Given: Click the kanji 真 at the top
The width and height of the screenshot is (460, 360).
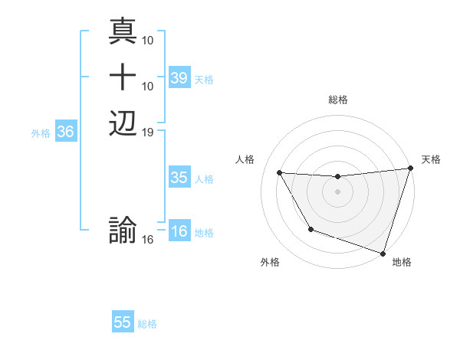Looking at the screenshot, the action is [x=123, y=31].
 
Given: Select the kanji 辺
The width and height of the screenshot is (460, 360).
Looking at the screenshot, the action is [x=123, y=123].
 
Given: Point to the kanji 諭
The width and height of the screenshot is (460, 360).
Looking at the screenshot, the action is [x=123, y=231].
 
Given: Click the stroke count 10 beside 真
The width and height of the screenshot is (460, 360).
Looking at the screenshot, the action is [x=149, y=40].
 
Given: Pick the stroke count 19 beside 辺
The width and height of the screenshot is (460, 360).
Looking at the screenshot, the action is [x=149, y=132].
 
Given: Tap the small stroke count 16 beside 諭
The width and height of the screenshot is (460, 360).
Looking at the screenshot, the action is [x=149, y=240].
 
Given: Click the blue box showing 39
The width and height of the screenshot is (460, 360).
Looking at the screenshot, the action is [x=179, y=78].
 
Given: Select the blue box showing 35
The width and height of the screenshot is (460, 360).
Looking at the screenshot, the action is [x=179, y=178].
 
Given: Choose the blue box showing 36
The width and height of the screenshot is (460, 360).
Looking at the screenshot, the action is [x=65, y=133].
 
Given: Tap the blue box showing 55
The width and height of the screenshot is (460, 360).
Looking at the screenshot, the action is [x=123, y=323].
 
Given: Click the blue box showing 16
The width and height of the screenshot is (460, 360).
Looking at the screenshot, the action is [x=179, y=232].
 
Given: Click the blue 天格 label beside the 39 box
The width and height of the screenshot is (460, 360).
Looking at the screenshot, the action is [x=204, y=80].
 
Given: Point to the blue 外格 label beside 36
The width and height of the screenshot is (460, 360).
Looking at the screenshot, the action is [x=41, y=133].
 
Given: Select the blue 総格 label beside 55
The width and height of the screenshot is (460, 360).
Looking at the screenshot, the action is [x=147, y=324].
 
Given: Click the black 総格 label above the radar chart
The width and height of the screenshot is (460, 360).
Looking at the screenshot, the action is [x=338, y=100].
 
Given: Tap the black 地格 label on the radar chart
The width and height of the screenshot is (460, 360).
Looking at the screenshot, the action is [x=402, y=263].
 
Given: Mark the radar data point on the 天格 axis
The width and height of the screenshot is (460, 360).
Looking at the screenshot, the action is [x=410, y=169].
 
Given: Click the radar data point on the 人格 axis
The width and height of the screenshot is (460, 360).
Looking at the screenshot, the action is [x=280, y=173].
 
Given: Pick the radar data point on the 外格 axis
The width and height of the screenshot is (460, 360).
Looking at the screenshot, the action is [x=310, y=229].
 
